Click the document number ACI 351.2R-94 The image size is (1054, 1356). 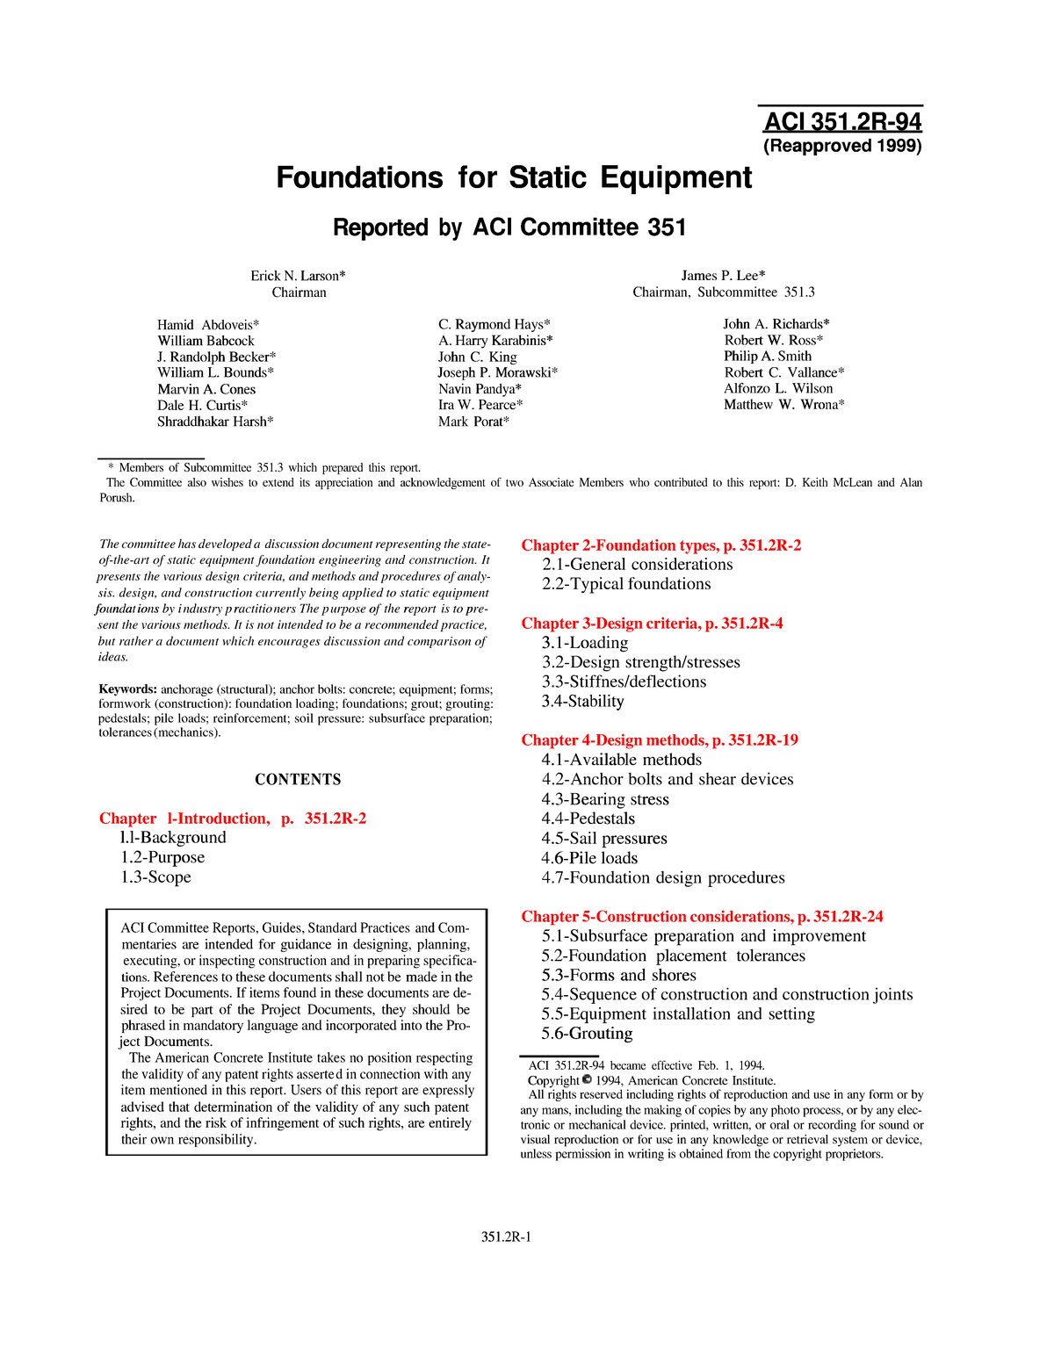(x=842, y=122)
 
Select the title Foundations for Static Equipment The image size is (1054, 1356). (x=514, y=177)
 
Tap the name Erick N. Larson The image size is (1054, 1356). (x=298, y=276)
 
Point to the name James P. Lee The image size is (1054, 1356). (x=723, y=276)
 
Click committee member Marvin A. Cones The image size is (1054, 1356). (x=206, y=389)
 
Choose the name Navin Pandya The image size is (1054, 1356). (x=480, y=389)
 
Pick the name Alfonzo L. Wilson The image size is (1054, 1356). (x=778, y=388)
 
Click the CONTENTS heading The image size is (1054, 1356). (x=298, y=780)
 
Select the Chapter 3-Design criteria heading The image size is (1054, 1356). (x=652, y=624)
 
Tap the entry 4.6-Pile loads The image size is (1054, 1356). (x=589, y=858)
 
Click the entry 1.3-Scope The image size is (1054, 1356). (x=155, y=877)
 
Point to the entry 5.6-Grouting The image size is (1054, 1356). (x=587, y=1034)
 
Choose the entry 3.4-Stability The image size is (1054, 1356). (x=582, y=702)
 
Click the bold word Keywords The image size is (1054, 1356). (x=127, y=689)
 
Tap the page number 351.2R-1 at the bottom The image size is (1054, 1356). (x=507, y=1237)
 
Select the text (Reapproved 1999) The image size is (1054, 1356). (x=842, y=146)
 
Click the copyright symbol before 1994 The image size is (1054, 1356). (x=587, y=1080)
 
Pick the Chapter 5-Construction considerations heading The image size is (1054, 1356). (x=702, y=917)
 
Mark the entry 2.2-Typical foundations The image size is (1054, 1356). (x=626, y=584)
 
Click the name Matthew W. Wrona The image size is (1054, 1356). (x=783, y=405)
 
